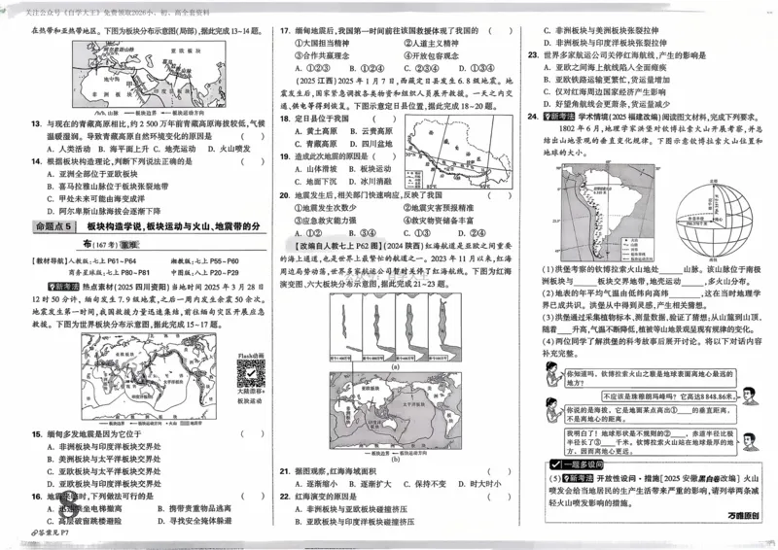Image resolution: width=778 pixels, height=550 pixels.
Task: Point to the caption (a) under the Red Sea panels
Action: pos(394,365)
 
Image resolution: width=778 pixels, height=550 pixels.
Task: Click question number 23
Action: pos(534,84)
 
